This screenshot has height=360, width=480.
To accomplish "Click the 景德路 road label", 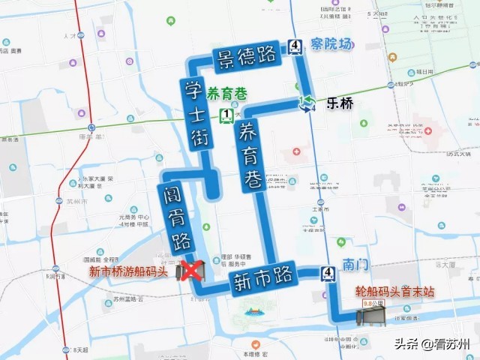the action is tap(244, 59).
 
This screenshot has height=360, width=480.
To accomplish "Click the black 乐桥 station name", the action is tap(339, 103).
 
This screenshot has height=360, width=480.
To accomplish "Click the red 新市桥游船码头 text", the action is tap(127, 271).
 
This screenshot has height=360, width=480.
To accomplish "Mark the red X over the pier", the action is tap(194, 270).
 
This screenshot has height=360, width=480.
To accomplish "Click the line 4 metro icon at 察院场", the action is tap(295, 47).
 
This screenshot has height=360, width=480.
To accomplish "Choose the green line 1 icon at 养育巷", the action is tap(225, 115).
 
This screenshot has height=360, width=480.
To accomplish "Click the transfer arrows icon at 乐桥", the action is tap(306, 103).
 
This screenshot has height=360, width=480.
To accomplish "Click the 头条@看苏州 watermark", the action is tap(439, 344).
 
